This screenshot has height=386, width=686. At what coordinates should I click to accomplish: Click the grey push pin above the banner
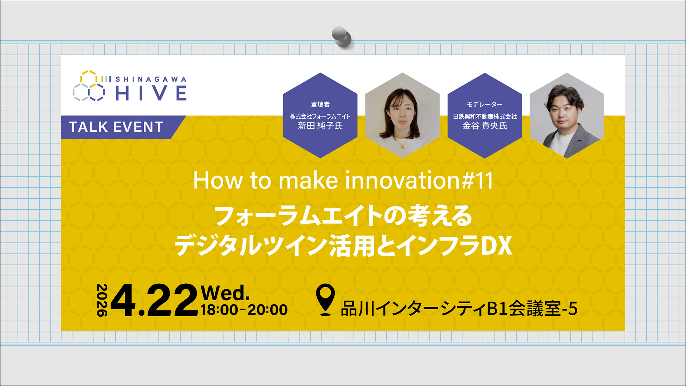(x=341, y=36)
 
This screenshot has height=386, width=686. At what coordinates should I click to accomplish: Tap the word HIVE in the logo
(x=151, y=93)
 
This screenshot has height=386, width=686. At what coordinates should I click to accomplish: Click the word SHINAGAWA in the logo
(x=151, y=79)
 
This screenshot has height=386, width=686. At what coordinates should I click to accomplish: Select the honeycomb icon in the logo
(x=89, y=86)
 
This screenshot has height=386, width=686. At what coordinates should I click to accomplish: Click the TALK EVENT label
(x=116, y=127)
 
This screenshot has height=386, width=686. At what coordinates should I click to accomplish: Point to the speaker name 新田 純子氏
(x=320, y=126)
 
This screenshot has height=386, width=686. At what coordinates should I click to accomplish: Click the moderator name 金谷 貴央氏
(x=485, y=126)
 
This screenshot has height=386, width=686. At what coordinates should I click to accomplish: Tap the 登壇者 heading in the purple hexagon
(x=320, y=104)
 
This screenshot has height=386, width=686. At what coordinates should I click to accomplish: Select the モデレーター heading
(x=484, y=104)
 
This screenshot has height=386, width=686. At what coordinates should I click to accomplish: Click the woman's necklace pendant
(x=402, y=147)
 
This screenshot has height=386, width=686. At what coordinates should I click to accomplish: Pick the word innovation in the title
(x=402, y=180)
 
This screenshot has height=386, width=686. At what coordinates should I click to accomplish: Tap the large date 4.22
(x=154, y=301)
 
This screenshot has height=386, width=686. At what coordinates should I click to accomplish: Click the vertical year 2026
(x=102, y=300)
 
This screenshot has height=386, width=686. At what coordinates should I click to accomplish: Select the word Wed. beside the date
(x=225, y=293)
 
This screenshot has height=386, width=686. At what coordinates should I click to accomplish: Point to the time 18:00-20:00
(x=244, y=310)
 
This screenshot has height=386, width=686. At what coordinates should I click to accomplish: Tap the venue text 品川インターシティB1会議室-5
(x=459, y=308)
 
